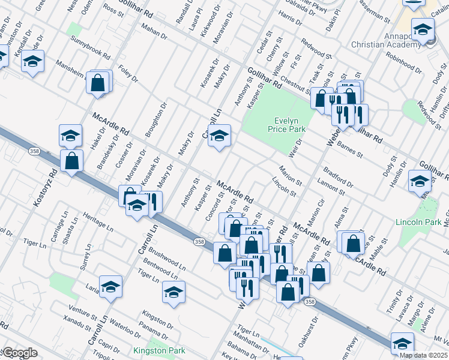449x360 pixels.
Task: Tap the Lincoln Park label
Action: pos(418,222)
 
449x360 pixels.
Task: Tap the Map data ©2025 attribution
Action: pos(423,355)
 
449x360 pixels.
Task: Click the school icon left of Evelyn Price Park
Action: pos(220,136)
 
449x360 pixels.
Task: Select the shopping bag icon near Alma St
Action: pos(354,242)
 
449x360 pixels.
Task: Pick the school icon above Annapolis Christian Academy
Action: pos(423,28)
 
